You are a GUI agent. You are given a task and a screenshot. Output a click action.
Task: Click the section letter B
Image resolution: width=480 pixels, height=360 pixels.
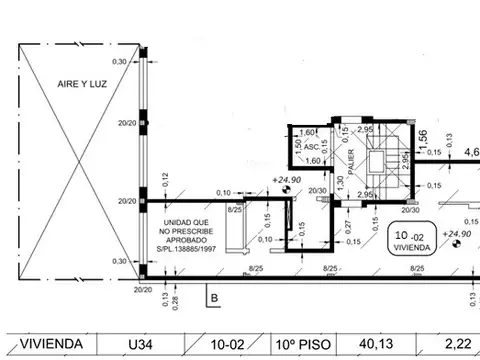213,296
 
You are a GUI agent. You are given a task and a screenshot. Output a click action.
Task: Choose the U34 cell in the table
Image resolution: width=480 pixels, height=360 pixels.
141,344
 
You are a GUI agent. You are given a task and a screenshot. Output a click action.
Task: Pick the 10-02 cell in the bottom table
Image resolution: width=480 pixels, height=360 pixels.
225,344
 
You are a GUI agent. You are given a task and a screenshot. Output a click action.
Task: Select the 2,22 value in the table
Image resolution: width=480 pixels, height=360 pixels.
457,344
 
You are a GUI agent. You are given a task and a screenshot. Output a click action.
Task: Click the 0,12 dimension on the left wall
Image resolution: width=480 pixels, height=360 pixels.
165,179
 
